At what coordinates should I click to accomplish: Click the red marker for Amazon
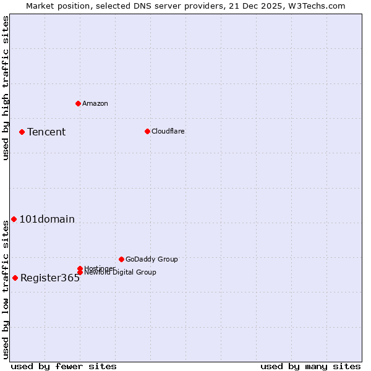click(78, 103)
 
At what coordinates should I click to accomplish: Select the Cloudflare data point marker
click(147, 131)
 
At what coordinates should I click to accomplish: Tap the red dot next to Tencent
click(22, 132)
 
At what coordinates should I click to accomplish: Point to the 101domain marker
click(14, 219)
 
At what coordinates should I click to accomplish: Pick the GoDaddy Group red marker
click(121, 259)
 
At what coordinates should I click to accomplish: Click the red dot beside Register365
click(15, 278)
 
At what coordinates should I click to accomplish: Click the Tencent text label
click(46, 132)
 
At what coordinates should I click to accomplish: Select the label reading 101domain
click(47, 219)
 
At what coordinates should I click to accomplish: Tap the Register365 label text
click(50, 278)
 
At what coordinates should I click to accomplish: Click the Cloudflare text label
click(168, 131)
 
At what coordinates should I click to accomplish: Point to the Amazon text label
click(95, 103)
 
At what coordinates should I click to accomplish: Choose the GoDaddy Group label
click(151, 259)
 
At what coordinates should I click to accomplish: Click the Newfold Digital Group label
click(120, 272)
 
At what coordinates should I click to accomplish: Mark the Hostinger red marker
click(80, 268)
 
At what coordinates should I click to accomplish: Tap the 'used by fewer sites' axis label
click(64, 366)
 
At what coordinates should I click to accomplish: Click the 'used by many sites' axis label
click(310, 366)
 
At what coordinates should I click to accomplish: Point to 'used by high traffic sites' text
click(6, 88)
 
